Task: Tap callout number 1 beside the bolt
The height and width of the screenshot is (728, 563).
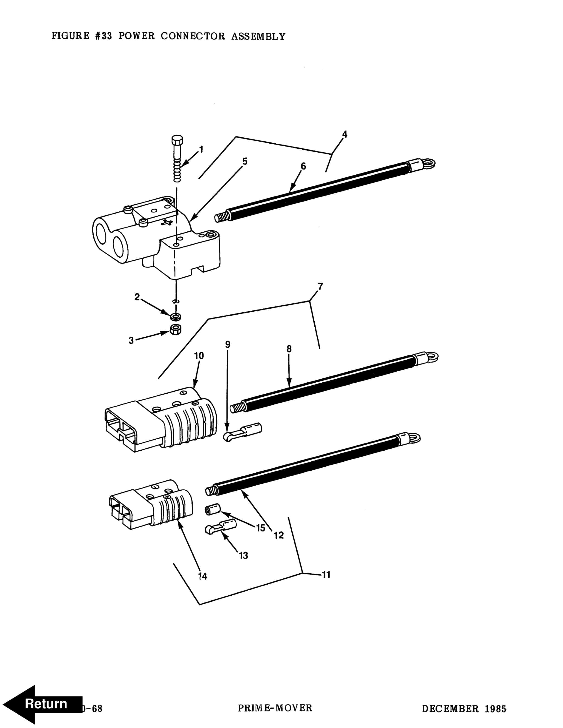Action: [201, 149]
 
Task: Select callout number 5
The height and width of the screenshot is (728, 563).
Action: [245, 162]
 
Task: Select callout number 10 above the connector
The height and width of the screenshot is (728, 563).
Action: [199, 356]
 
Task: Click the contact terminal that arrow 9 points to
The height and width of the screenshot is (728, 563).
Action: [242, 432]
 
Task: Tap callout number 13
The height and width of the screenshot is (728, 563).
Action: [244, 556]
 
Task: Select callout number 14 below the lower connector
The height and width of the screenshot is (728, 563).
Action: [202, 576]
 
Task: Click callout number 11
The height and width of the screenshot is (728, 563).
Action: [326, 575]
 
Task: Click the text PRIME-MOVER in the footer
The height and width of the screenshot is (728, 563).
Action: [275, 708]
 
